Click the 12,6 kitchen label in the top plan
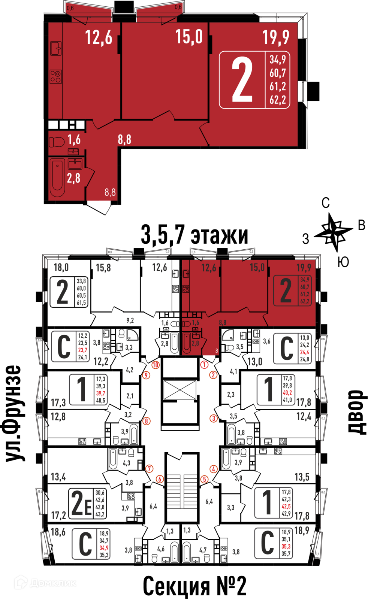click(x=99, y=37)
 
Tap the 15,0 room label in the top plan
click(x=189, y=37)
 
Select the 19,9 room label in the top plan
click(x=275, y=37)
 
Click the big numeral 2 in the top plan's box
click(x=242, y=80)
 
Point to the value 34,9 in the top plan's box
click(x=278, y=60)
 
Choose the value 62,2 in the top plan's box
click(x=278, y=100)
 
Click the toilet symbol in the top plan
click(x=57, y=142)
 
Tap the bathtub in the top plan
click(x=57, y=177)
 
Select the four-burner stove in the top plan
click(x=56, y=77)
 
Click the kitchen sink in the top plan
click(x=56, y=48)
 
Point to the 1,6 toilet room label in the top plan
click(x=74, y=140)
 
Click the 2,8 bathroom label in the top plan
click(x=73, y=178)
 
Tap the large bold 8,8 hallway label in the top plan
click(x=124, y=140)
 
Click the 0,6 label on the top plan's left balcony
click(x=70, y=8)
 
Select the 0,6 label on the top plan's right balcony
click(x=178, y=7)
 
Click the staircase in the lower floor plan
click(x=182, y=497)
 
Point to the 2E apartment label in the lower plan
click(x=81, y=503)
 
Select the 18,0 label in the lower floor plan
click(x=61, y=267)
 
